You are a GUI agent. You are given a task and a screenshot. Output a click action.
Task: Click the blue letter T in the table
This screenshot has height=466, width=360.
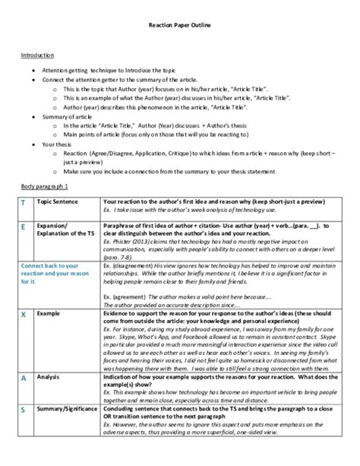tap(23, 204)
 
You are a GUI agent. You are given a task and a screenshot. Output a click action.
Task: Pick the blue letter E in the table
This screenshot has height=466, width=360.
tap(23, 227)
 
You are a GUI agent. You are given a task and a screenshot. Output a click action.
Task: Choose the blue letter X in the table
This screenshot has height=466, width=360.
tap(23, 314)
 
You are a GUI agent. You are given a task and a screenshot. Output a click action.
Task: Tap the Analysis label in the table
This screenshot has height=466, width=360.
tap(49, 376)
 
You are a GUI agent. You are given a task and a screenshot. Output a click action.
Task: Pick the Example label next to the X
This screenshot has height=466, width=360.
tap(48, 312)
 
